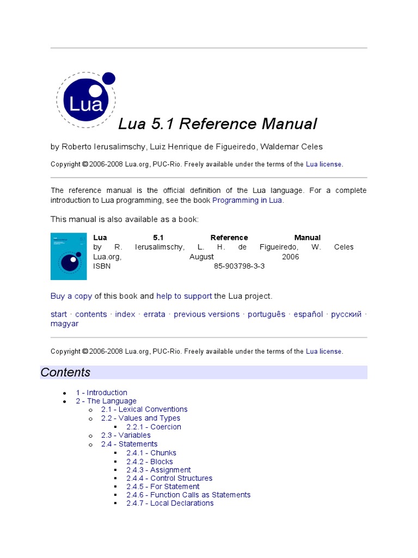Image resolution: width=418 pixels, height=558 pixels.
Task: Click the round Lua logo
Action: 86,100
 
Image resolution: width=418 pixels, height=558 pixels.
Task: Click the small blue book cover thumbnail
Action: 69,256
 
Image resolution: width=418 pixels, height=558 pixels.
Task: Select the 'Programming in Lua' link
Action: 248,200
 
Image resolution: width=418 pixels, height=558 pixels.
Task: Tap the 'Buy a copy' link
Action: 71,296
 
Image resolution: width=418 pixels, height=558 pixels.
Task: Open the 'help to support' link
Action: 184,296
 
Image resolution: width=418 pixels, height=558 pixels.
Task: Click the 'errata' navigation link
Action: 155,314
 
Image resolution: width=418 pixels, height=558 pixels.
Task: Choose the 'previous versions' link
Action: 206,314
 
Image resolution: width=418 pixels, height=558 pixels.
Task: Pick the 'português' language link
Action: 267,314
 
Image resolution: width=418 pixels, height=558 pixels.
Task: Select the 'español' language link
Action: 308,314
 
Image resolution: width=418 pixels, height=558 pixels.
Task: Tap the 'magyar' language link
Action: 65,324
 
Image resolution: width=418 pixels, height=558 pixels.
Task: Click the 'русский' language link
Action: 346,314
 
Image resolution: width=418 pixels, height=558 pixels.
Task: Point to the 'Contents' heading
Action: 66,373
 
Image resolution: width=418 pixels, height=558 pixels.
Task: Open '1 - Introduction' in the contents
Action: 102,392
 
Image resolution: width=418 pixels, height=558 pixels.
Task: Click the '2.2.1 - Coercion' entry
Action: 153,427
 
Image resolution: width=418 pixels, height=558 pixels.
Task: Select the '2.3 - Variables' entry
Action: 126,435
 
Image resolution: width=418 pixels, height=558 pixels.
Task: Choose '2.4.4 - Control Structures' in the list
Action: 169,478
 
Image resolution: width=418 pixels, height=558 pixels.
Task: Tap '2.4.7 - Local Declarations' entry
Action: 170,503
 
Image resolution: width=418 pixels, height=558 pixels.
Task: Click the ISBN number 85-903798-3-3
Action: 239,266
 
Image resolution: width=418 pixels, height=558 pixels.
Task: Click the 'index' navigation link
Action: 125,314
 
